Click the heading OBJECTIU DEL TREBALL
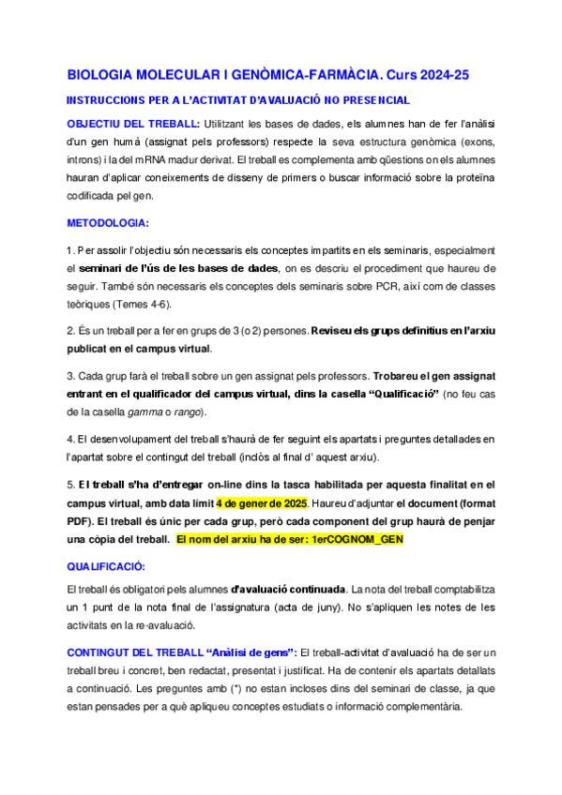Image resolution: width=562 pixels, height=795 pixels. coord(132,124)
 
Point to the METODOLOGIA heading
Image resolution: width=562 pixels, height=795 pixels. coord(108,223)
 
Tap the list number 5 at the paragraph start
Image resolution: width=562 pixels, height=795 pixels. coord(69,485)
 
